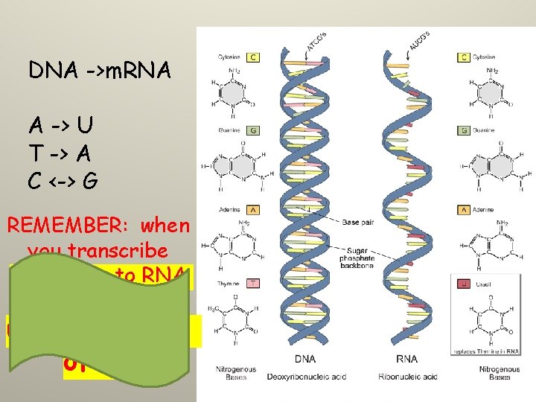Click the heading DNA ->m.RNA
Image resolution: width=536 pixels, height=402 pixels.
100,71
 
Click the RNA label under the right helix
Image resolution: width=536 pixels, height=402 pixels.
407,359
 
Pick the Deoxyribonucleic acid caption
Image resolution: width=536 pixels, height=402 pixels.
304,376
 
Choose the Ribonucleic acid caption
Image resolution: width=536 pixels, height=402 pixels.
407,376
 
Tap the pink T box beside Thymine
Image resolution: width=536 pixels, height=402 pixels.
253,283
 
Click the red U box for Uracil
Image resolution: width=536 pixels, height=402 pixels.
464,283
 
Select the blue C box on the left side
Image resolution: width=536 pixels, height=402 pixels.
253,56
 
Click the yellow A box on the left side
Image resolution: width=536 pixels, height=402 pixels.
253,210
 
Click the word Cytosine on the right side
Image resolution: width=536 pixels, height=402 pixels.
488,56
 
